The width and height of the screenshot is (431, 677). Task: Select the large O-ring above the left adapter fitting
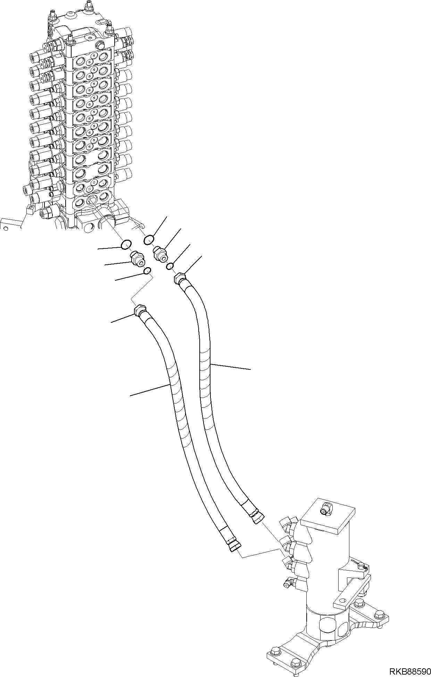click(x=126, y=245)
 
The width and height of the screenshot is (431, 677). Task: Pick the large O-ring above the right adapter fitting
click(x=149, y=239)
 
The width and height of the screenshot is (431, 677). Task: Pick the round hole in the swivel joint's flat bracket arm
click(x=344, y=600)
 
